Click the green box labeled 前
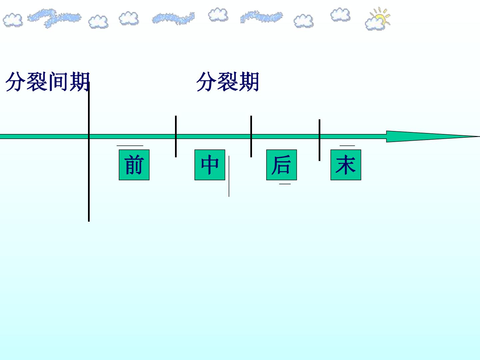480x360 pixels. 134,165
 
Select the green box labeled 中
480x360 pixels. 210,165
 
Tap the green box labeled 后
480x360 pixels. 281,165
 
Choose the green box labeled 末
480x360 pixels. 346,165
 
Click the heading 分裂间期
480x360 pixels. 48,82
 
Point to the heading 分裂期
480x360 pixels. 228,82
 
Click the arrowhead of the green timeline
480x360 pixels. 433,137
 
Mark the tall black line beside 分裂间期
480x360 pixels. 89,152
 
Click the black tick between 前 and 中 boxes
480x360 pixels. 176,136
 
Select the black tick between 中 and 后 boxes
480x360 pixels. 251,136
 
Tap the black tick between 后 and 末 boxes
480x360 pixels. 319,140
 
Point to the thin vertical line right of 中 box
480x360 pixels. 229,176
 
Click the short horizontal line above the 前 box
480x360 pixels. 130,146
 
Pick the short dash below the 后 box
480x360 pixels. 285,184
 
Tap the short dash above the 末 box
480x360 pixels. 347,146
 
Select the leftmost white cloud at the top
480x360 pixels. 13,20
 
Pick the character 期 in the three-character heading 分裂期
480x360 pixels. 249,82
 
